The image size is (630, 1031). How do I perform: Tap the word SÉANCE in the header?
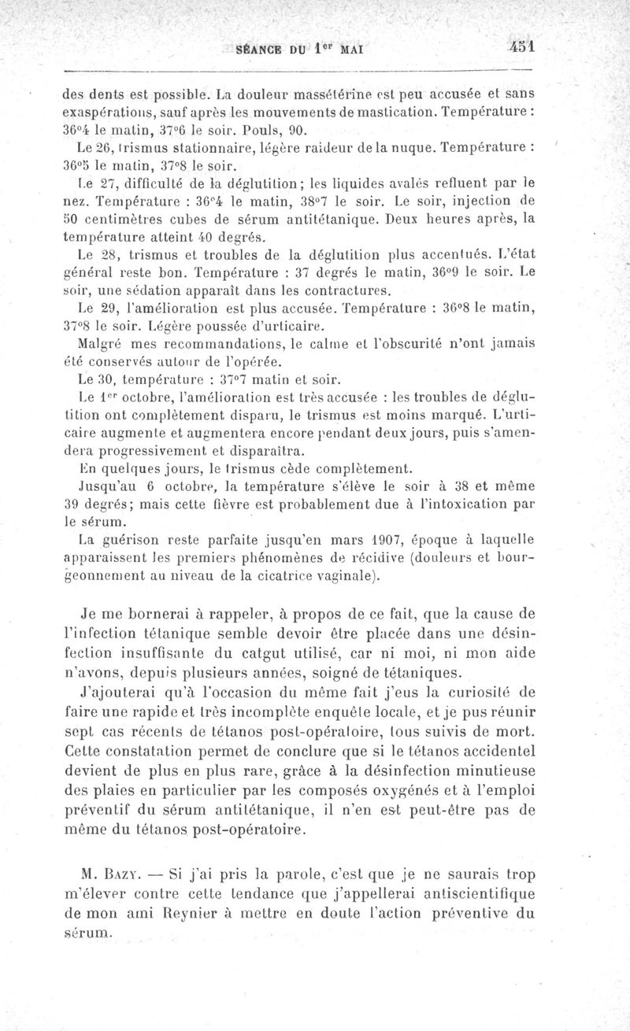click(x=262, y=48)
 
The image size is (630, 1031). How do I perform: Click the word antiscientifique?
click(x=472, y=893)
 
